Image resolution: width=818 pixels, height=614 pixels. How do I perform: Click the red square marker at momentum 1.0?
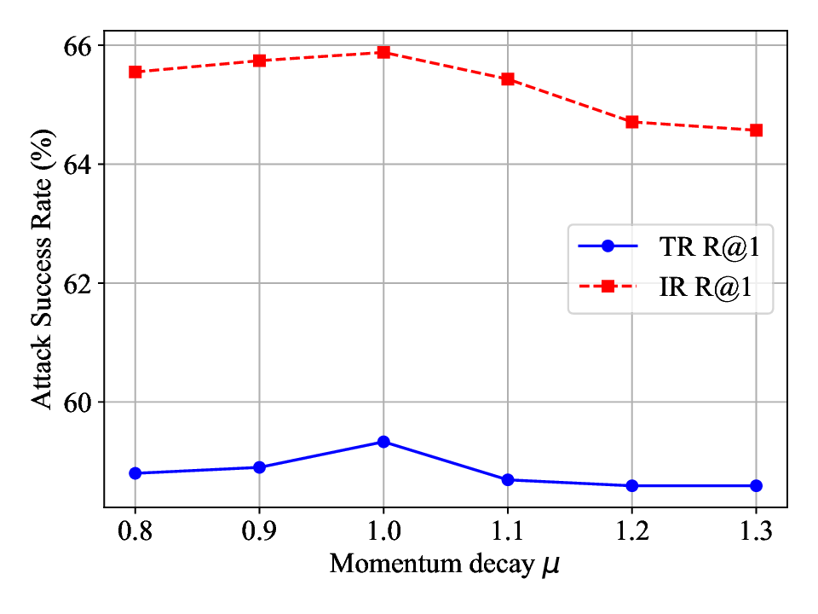(x=383, y=52)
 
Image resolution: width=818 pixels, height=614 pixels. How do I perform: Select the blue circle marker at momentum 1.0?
(x=383, y=442)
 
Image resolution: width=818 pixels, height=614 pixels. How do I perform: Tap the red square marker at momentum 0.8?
(x=135, y=72)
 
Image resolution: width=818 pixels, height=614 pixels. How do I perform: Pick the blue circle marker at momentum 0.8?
(x=135, y=473)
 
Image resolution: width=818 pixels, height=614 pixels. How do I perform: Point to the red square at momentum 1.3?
(x=756, y=130)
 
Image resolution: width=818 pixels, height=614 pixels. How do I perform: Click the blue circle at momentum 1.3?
(x=756, y=485)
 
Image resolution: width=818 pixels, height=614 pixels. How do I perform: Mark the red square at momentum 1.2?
(x=632, y=122)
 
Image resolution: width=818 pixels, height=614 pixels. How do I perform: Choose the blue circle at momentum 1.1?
(x=508, y=480)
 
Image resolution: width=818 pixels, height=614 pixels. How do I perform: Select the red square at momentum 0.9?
(x=259, y=61)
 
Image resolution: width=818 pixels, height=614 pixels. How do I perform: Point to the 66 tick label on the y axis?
(x=80, y=44)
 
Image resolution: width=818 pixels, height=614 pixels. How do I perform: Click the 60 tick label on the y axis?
(x=80, y=402)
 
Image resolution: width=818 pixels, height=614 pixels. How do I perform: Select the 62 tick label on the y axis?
(x=80, y=283)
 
